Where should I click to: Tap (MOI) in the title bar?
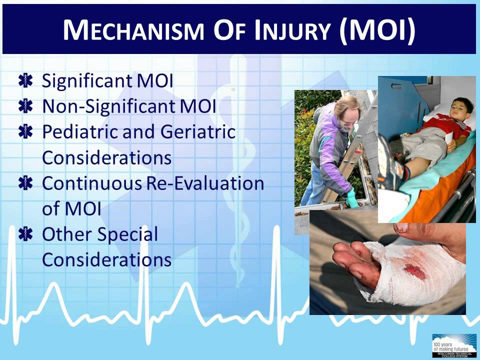[x=377, y=30]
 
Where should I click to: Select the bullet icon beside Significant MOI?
[x=24, y=81]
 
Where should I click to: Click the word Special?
[x=132, y=234]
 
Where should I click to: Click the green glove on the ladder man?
[x=352, y=198]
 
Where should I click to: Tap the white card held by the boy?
[x=448, y=138]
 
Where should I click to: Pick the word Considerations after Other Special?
[x=106, y=260]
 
